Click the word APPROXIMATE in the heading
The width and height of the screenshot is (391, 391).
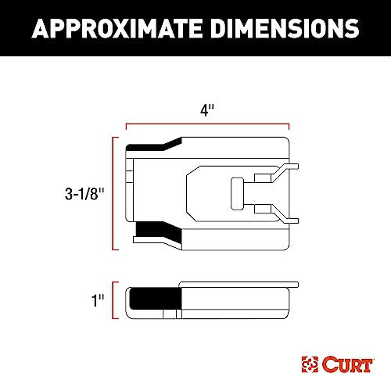(x=117, y=29)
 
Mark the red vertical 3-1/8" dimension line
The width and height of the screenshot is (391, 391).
(x=116, y=193)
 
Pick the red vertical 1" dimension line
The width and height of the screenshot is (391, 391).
(x=116, y=301)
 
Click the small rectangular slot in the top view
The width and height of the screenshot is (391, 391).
(x=237, y=192)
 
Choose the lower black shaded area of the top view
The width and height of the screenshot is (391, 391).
(x=156, y=232)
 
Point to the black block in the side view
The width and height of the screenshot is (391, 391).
(x=154, y=302)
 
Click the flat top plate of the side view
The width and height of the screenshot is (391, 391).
(x=239, y=283)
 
